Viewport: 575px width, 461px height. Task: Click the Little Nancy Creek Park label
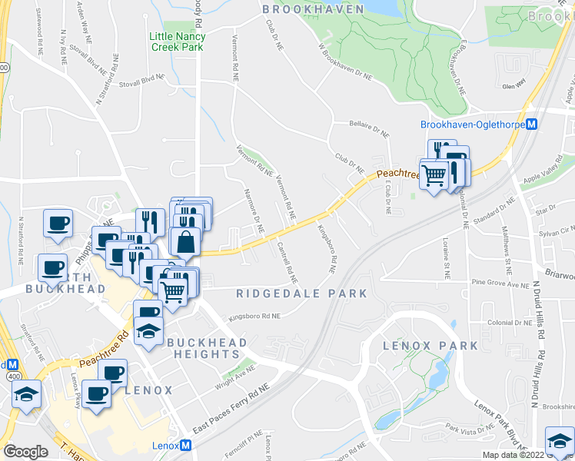coord(176,41)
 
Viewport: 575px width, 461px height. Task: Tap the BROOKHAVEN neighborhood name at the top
coord(312,8)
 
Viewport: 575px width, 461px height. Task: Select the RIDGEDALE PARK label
coord(301,294)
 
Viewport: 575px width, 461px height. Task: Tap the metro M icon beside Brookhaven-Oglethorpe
coord(531,124)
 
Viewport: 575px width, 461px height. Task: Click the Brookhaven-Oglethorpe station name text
coord(472,124)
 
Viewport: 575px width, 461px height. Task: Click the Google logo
coord(25,452)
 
